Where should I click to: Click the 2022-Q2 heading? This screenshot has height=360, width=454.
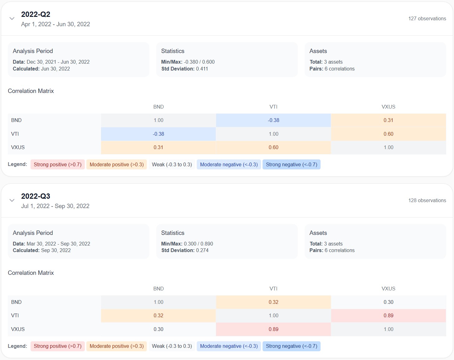36,14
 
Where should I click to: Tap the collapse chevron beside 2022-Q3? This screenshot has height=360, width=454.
12,200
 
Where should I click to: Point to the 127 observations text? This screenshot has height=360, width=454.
427,19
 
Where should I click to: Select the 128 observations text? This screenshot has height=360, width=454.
427,201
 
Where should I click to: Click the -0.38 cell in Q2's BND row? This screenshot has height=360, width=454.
273,120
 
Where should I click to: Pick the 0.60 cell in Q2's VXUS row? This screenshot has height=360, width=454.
273,148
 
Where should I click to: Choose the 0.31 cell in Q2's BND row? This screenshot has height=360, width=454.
388,120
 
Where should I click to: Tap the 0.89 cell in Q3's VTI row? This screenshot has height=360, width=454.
388,316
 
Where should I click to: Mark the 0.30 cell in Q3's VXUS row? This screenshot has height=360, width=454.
158,329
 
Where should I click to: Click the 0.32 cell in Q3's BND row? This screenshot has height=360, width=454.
273,302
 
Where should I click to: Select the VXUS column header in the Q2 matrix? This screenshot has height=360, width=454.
388,107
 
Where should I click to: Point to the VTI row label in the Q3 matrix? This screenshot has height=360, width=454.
15,316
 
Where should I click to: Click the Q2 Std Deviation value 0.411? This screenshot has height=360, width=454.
202,69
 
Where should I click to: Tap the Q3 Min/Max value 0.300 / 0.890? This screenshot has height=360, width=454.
198,244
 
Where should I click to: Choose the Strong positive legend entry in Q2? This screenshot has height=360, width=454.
57,165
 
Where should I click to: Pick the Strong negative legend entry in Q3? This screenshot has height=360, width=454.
291,346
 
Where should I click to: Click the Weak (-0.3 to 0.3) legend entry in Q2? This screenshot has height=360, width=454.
172,165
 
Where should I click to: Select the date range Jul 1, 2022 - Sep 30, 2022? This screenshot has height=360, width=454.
55,206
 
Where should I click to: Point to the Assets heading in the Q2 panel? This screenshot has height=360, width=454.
318,51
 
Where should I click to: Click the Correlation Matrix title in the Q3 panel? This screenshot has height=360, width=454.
31,273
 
